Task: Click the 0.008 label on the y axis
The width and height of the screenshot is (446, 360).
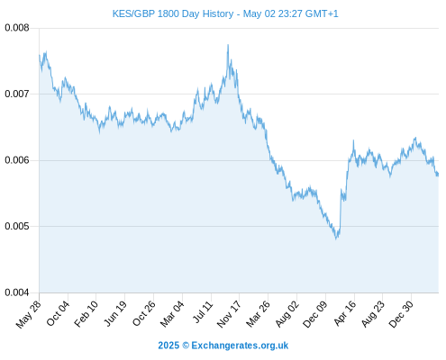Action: (x=17, y=28)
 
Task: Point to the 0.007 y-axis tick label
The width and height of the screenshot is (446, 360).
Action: (x=17, y=94)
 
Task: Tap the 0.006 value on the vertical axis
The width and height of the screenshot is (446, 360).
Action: (x=17, y=160)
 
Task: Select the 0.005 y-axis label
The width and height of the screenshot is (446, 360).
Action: (x=17, y=226)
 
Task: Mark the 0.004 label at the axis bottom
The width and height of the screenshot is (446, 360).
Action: (x=17, y=292)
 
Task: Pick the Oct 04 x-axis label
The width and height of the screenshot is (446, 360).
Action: (x=58, y=313)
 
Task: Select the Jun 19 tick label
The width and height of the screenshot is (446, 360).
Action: (x=115, y=313)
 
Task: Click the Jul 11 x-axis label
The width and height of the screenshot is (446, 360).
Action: (x=203, y=312)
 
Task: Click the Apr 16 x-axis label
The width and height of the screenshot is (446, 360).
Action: (x=345, y=313)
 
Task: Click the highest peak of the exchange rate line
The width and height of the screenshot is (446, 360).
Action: (x=228, y=45)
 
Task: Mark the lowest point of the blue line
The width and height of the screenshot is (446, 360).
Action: (x=336, y=238)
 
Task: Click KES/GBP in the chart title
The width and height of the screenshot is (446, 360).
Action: (x=133, y=13)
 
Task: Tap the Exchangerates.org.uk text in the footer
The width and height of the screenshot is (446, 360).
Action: (x=240, y=346)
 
